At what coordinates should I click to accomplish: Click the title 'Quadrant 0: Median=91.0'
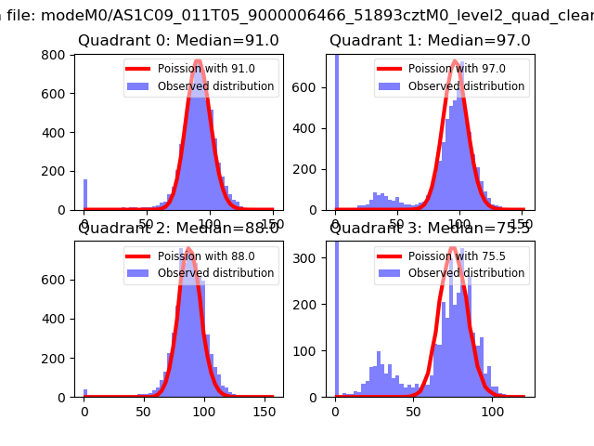click(178, 41)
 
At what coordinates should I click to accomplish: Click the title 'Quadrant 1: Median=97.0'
click(430, 41)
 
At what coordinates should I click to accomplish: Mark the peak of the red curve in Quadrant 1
click(456, 62)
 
